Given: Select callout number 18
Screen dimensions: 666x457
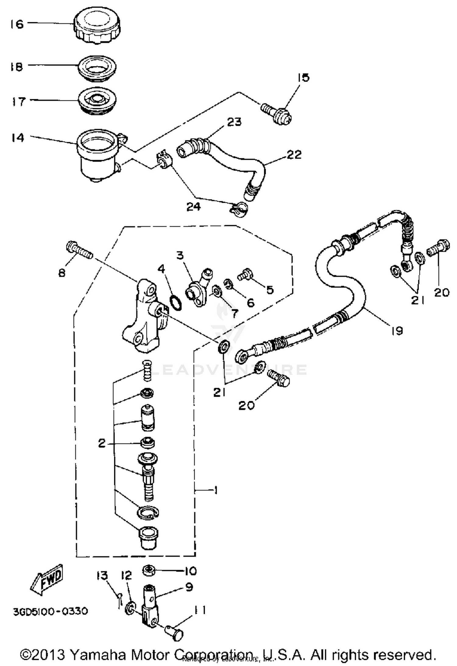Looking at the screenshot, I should [16, 67].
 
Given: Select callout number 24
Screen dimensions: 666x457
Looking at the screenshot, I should [194, 207].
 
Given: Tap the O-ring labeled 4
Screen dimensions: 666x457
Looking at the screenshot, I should [176, 303].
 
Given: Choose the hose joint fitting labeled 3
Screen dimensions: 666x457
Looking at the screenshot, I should [197, 288].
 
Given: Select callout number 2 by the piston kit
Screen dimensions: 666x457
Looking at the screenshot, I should [102, 443].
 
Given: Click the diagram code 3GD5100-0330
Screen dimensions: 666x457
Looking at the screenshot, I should [50, 611].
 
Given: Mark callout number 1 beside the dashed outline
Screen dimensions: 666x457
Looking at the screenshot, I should [216, 490].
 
